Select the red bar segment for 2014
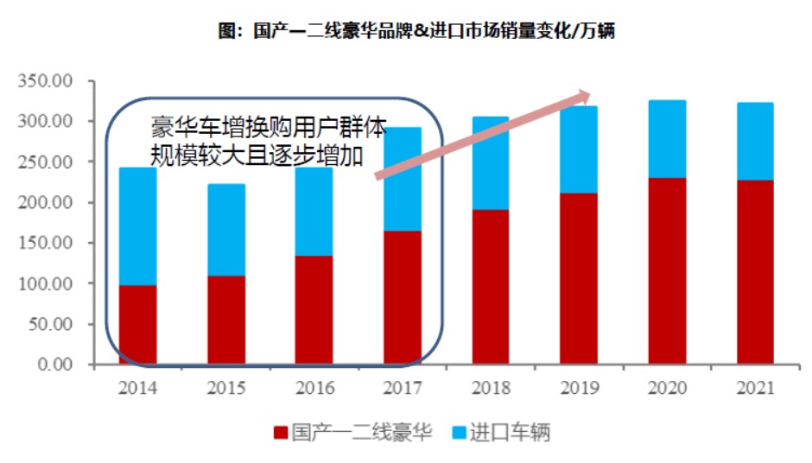[x=137, y=324]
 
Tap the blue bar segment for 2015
[x=225, y=230]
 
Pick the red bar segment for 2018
[x=490, y=286]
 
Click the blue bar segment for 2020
[x=666, y=139]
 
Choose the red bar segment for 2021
[x=755, y=271]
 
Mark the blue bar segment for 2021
[x=755, y=142]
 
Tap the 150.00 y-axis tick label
[x=49, y=243]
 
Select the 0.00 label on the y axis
[x=56, y=364]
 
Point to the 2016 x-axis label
[x=314, y=388]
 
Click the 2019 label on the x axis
[x=578, y=388]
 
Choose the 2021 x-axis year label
[x=755, y=388]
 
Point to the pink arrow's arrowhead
[x=583, y=95]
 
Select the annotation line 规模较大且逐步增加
[x=255, y=156]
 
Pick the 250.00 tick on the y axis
[x=49, y=162]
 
